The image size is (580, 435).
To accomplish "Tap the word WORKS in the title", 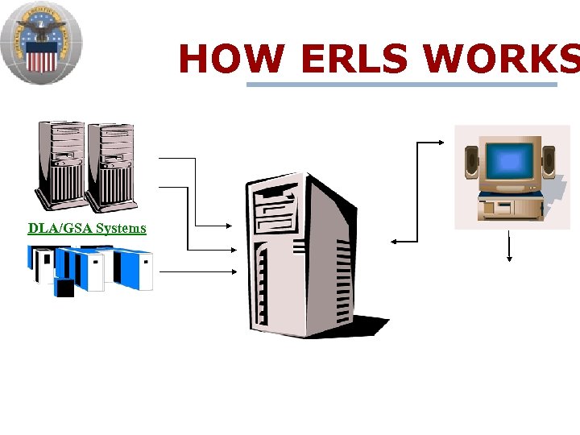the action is coord(499,59).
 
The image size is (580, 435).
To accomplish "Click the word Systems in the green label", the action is coord(121,228).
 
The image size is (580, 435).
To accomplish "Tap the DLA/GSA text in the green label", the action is coord(60,228).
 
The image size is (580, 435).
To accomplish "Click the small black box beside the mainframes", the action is coord(64,288).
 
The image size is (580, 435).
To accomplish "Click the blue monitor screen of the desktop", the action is coord(509,162).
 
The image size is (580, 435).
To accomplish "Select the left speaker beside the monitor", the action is coord(471,162).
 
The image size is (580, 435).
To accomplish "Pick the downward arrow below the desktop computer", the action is coord(509,246).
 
